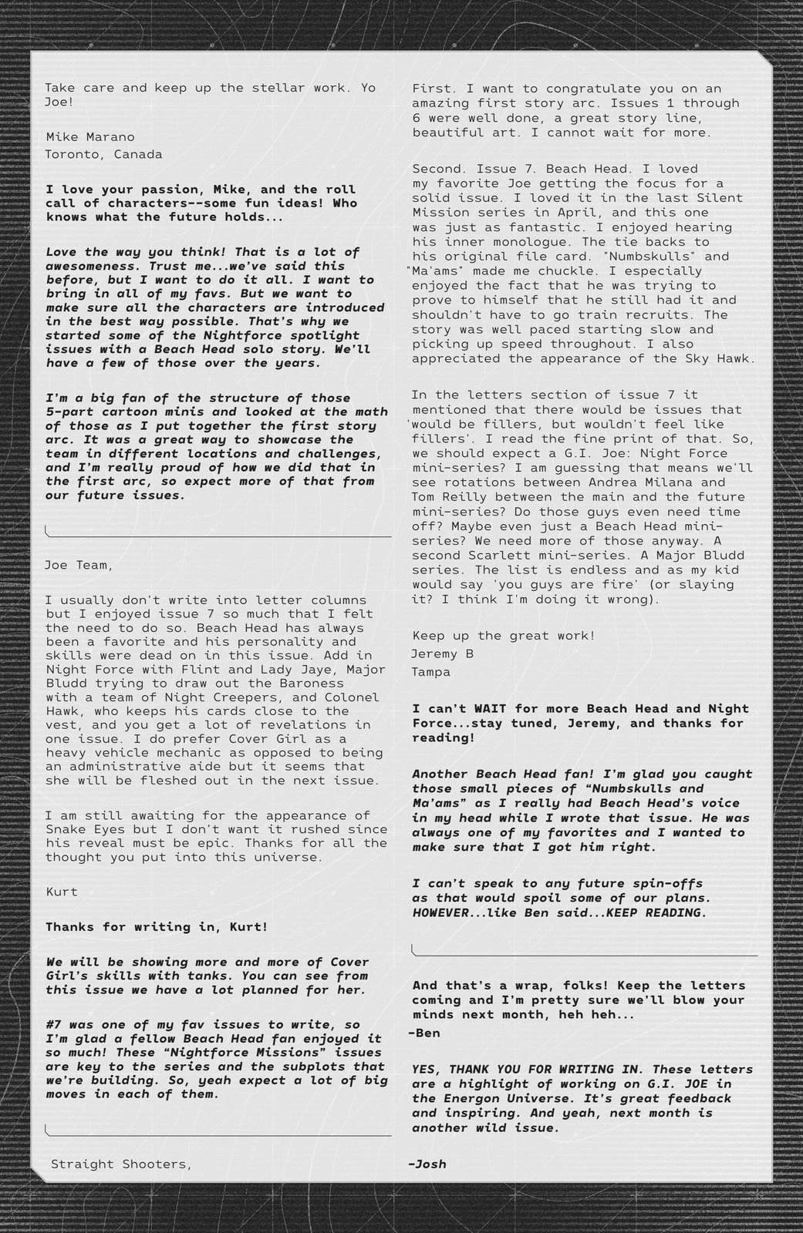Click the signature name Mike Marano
[x=90, y=137]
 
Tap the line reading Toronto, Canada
[x=103, y=154]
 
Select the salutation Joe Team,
[x=78, y=565]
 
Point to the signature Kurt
[x=62, y=892]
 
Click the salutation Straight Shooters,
[x=121, y=1164]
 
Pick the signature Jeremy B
[x=443, y=653]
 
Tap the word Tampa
[x=431, y=672]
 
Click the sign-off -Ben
[x=424, y=1033]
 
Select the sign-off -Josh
[x=427, y=1164]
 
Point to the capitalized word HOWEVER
[x=442, y=913]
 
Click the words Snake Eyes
[x=79, y=829]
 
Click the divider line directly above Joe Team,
[x=218, y=534]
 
